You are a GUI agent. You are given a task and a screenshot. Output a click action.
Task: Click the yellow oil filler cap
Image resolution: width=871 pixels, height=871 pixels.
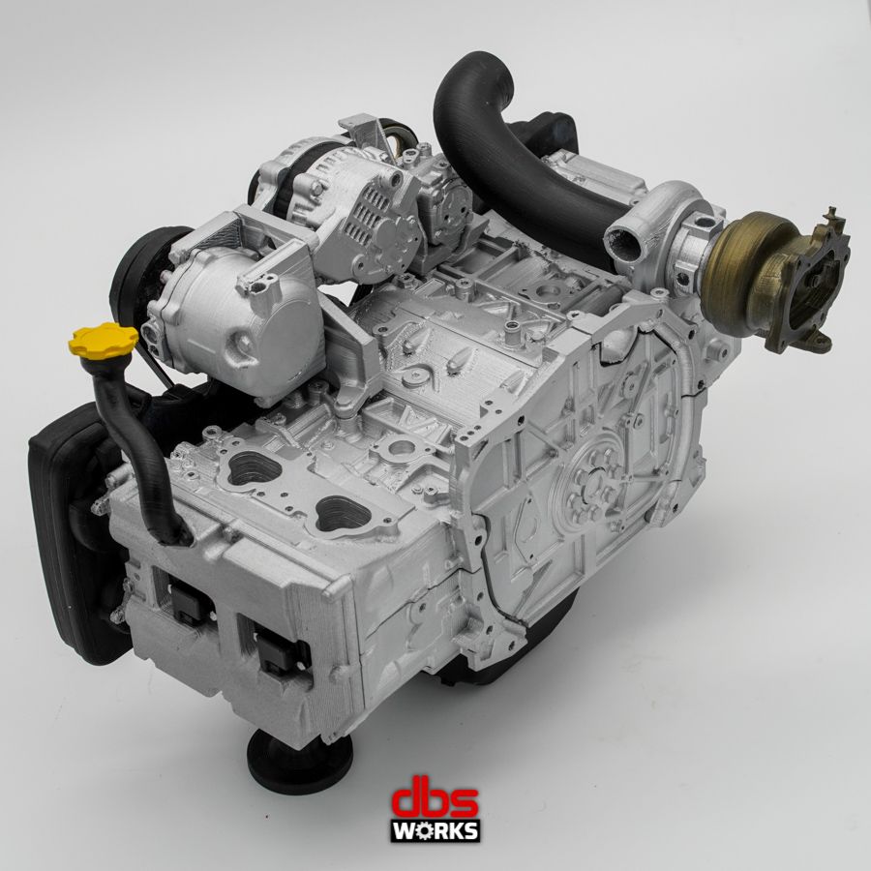click(104, 340)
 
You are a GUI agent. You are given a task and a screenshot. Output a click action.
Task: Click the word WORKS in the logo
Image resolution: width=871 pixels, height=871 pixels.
click(435, 831)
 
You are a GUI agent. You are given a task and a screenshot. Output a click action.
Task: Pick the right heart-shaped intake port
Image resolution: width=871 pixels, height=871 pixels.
click(344, 511)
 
